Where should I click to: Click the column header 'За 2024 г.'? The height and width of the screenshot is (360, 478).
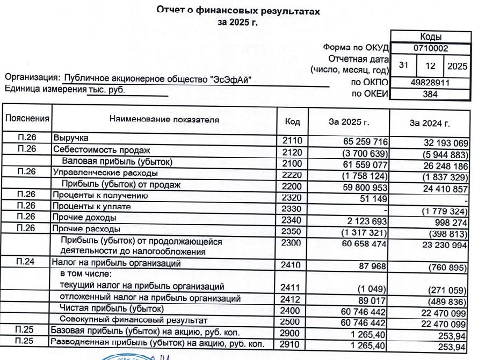429,123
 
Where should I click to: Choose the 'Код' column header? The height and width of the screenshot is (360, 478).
292,123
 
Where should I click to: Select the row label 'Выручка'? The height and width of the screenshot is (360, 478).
70,139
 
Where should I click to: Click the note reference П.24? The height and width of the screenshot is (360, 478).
26,263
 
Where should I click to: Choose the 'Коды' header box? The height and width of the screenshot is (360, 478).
431,37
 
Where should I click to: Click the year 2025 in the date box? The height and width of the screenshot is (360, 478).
457,66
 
